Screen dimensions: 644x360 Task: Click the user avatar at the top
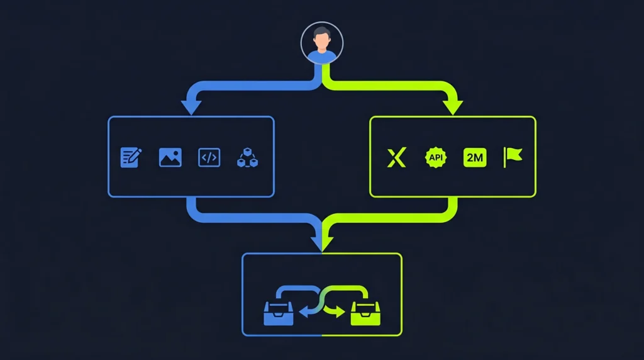(x=321, y=43)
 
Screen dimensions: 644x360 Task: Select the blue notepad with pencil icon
(x=131, y=157)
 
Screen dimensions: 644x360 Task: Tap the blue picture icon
(x=170, y=157)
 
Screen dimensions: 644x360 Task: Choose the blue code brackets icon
(x=209, y=157)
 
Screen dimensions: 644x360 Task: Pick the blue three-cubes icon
(x=248, y=158)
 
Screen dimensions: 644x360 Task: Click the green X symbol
(x=396, y=157)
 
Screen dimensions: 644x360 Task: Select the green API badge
(x=435, y=157)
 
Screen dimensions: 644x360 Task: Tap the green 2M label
(x=475, y=157)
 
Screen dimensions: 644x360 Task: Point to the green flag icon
(x=513, y=157)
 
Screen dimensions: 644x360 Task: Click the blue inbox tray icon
(x=278, y=313)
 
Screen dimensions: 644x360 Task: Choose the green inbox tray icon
(x=365, y=313)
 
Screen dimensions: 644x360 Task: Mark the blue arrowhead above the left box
(x=191, y=107)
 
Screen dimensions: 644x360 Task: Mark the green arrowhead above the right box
(x=453, y=107)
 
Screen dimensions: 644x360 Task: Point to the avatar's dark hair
(x=321, y=32)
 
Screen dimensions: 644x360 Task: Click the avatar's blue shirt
(x=321, y=56)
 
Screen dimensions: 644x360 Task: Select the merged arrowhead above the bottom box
(x=321, y=242)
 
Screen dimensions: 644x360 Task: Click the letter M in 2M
(x=479, y=157)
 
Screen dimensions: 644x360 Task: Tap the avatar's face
(x=321, y=41)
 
